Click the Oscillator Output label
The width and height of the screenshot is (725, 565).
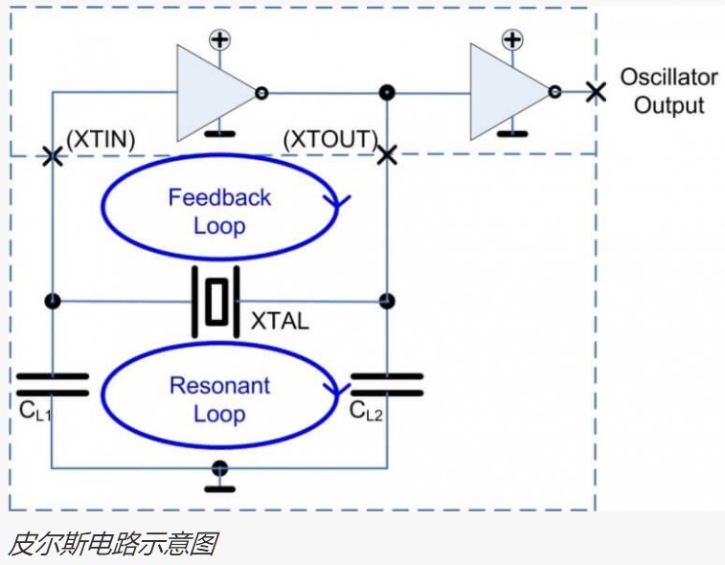coord(668,91)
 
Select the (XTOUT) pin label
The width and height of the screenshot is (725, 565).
coord(330,140)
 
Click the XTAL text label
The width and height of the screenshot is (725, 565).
coord(280,321)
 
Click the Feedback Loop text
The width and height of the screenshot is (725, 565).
coord(219,212)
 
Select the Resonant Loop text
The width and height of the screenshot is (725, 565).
coord(219,400)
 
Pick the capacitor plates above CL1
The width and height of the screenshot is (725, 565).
coord(53,384)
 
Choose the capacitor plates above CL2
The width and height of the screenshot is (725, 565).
coord(386,384)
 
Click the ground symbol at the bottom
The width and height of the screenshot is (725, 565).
coord(220,476)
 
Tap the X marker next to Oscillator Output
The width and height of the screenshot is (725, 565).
coord(596,92)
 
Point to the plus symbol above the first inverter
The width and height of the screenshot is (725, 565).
coord(220,39)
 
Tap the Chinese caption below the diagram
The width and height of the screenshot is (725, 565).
coord(112,544)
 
